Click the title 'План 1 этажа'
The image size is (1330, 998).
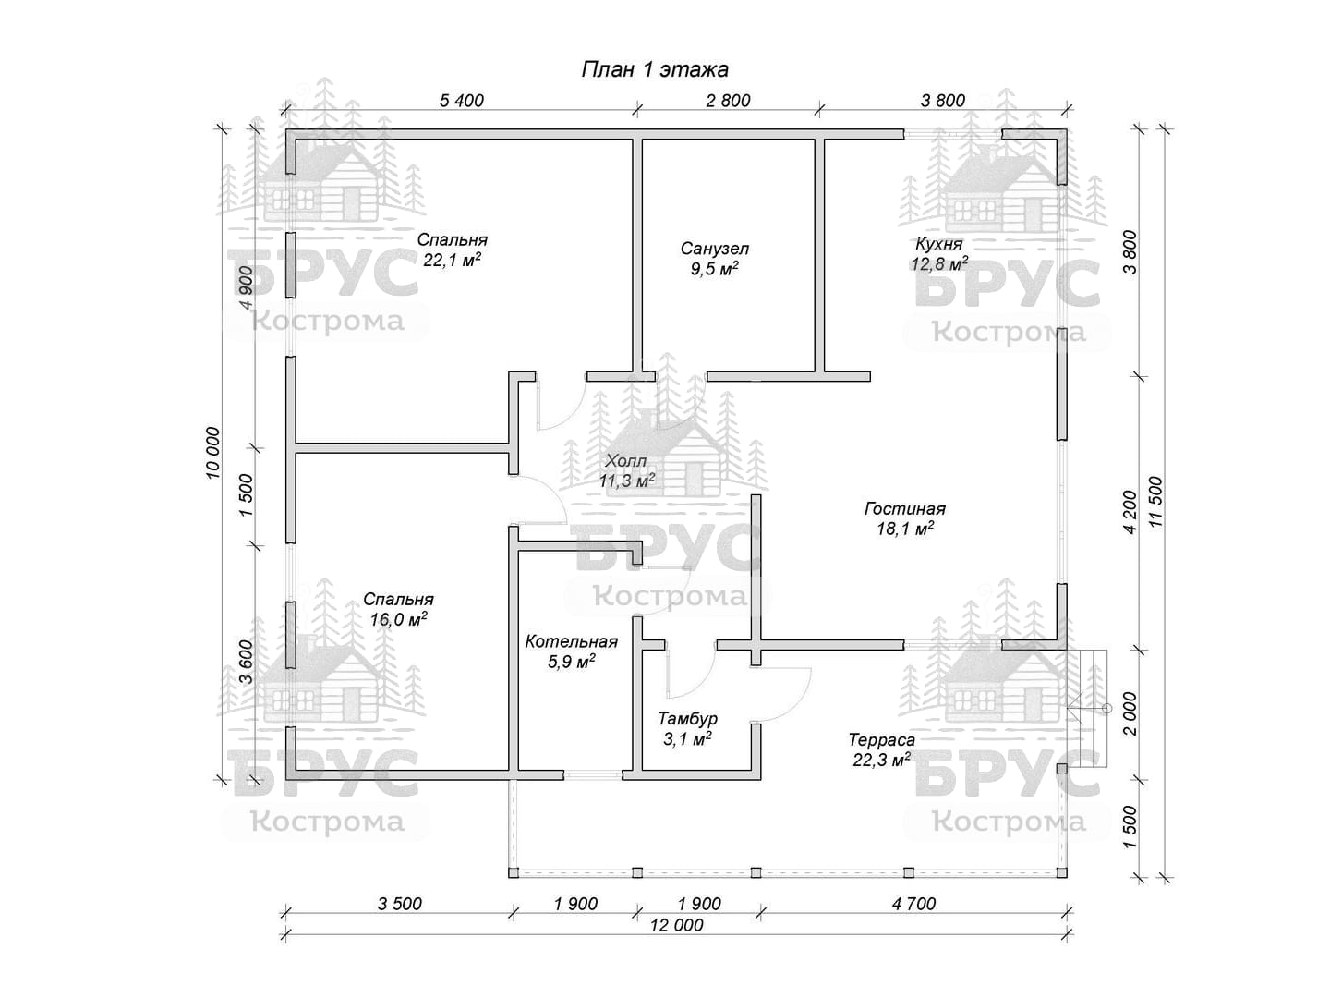coord(655,69)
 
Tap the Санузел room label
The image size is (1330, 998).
coord(715,249)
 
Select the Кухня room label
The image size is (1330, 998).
coord(939,244)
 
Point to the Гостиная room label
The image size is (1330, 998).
coord(904,509)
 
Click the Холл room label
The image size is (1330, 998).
coord(626,461)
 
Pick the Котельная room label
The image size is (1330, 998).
coord(571,641)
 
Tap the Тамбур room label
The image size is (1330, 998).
coord(687,719)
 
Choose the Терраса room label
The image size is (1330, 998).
coord(881,740)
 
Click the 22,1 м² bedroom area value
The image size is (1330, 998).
coord(452,261)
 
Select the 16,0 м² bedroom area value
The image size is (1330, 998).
coord(398,620)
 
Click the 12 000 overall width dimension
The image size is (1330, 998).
coord(676,925)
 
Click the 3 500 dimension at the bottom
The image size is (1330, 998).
coord(399,904)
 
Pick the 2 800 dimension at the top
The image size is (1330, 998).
coord(728,101)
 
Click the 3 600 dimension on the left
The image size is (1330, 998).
coord(246,662)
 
